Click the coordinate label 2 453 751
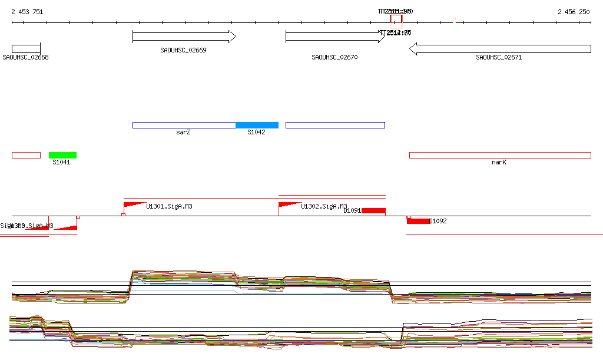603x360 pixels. click(27, 12)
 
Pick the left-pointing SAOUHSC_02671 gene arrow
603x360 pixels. click(500, 48)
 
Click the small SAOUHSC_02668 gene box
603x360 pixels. click(26, 48)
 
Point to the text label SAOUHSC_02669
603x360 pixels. click(183, 50)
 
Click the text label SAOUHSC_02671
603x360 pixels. click(499, 57)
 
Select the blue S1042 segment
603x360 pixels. click(257, 125)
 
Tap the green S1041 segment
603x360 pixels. click(62, 155)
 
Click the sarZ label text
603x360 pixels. click(183, 132)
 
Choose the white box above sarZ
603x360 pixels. click(184, 125)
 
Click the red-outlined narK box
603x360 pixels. click(500, 155)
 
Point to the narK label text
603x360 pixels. click(499, 162)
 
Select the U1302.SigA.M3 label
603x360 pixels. click(324, 206)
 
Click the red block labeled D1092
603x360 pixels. click(418, 221)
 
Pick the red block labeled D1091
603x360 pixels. click(373, 210)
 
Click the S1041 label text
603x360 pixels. click(61, 162)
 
